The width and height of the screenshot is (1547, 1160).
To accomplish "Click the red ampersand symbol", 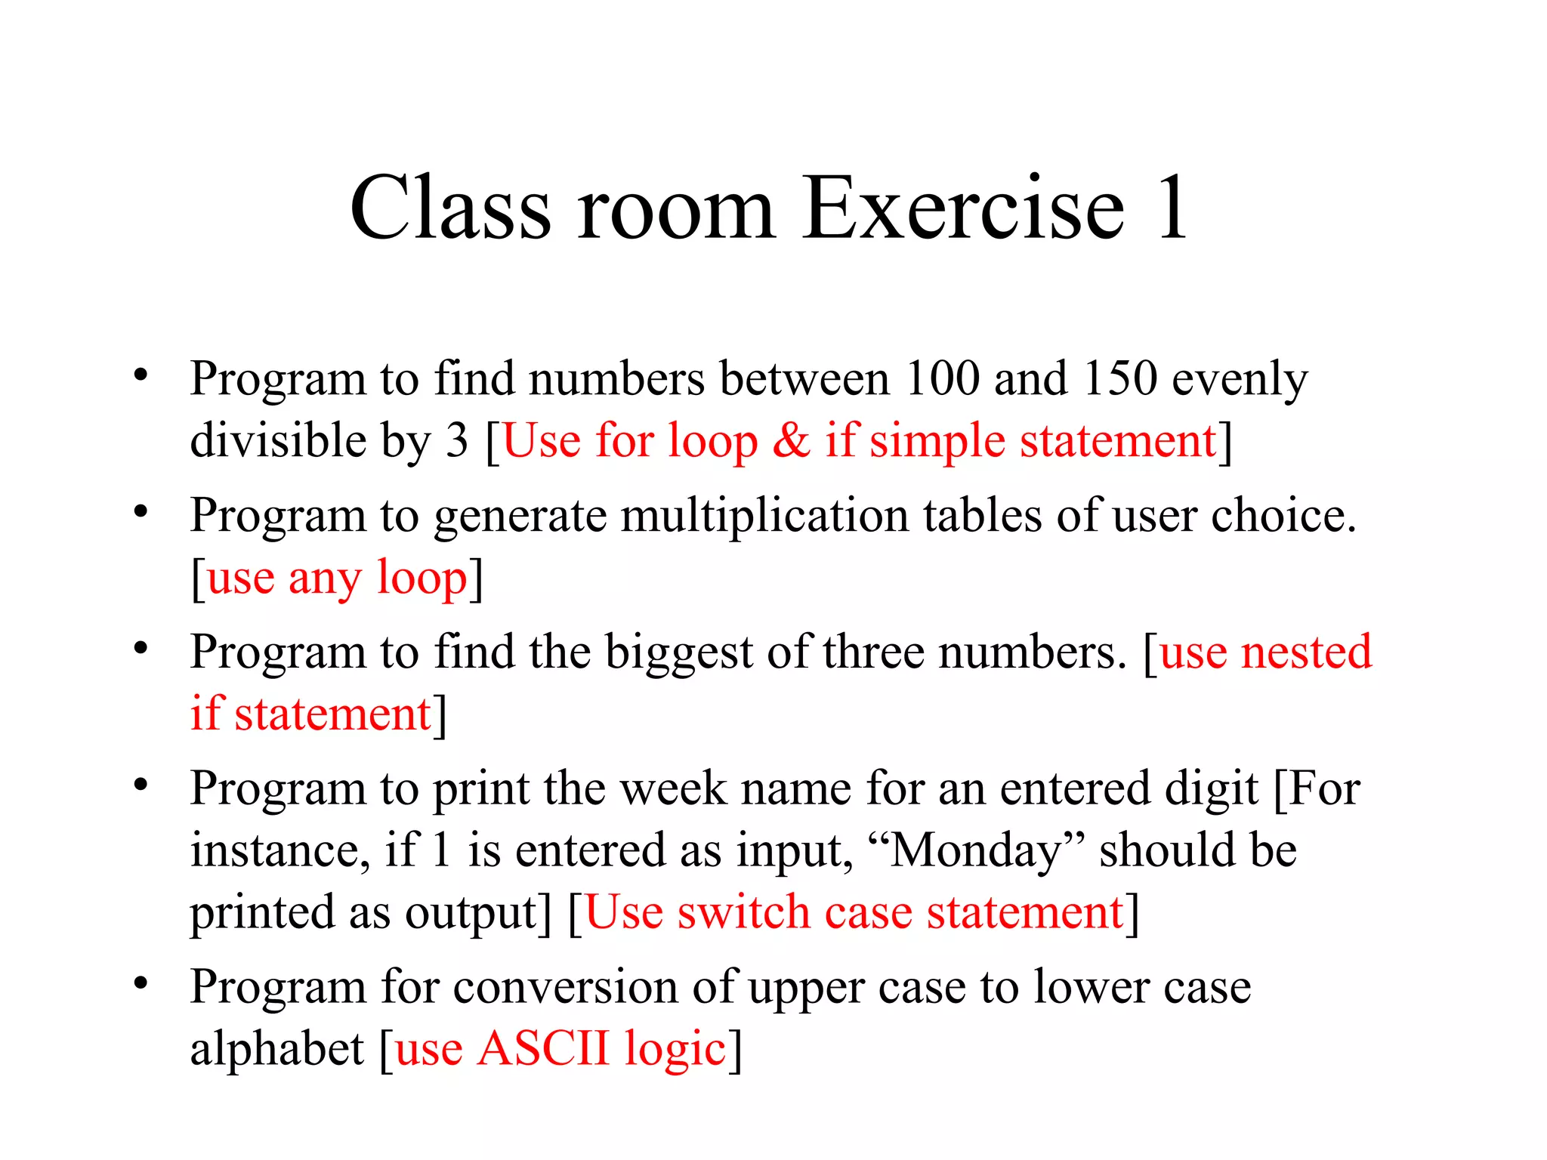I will (x=791, y=440).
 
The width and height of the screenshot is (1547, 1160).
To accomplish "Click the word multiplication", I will (x=764, y=516).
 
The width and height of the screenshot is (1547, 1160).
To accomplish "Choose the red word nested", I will (x=1307, y=652).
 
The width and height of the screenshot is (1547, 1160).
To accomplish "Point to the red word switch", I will (x=743, y=912).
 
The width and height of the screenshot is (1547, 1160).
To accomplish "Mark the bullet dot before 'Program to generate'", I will (x=140, y=512).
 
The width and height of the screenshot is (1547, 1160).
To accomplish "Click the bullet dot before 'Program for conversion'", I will (x=140, y=983).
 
